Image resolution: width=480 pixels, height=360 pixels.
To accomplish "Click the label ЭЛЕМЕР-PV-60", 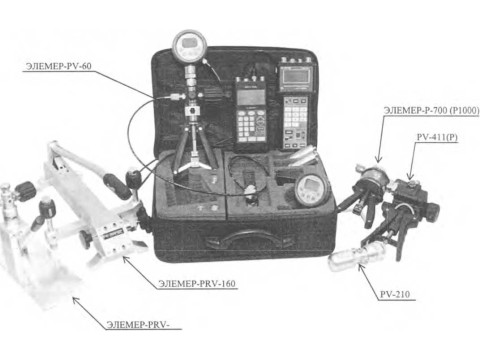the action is [58, 66].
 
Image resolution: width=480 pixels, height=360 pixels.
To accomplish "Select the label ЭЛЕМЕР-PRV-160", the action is [197, 284].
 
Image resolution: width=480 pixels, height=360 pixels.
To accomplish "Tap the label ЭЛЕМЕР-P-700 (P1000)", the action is [431, 110].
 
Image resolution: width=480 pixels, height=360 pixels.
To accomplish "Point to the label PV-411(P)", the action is [437, 137].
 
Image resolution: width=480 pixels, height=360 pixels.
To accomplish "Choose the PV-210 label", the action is [395, 294].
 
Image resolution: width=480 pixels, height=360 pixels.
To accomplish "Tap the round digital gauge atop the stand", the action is [190, 47].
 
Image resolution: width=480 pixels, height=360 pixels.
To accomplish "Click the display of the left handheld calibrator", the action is [251, 97].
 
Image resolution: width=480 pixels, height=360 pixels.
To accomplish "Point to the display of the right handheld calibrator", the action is [295, 77].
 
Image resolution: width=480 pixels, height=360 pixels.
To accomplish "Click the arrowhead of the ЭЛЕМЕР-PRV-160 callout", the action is [125, 258].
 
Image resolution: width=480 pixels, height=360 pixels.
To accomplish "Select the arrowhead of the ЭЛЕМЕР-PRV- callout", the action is [76, 300].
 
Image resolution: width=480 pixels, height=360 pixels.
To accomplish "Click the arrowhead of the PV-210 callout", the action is [360, 266].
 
